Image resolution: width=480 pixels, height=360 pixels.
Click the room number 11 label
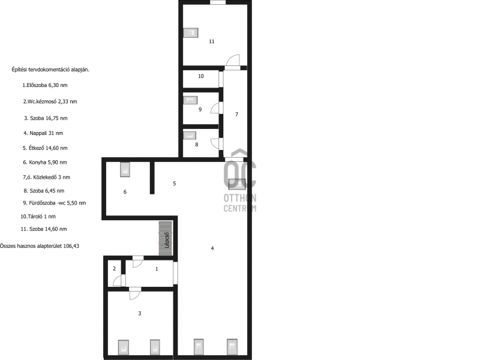coord(212,41)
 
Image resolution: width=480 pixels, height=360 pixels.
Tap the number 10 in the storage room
coord(201,76)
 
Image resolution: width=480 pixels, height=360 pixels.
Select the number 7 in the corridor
coord(236,114)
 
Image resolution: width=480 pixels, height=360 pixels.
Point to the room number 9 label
coord(200,110)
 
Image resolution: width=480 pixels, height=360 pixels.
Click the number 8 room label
coord(197,145)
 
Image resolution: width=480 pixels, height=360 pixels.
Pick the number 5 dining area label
coord(175,184)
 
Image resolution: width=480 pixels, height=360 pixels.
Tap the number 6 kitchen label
coord(125,191)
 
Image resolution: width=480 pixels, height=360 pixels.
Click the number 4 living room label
coord(212,248)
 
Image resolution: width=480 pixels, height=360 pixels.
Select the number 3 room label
coord(140,313)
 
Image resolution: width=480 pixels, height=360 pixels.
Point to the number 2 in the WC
coord(114,269)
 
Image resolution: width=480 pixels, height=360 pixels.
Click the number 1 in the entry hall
coord(157,269)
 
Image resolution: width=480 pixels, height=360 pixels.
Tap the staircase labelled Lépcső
coord(166,238)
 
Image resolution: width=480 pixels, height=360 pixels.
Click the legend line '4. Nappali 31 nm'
coord(43,133)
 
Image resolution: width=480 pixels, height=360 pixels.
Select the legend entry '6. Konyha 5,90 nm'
coord(44,162)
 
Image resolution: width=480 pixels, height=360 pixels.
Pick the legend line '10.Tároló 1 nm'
coord(38,217)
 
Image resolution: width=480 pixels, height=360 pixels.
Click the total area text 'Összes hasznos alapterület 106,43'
coord(40,246)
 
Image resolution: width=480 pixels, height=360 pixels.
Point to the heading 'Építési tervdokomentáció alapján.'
coord(50,70)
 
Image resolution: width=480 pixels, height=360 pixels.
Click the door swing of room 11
coord(233,60)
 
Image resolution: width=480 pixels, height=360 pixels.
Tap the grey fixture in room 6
coord(125,170)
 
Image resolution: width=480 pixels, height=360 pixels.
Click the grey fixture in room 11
coord(190,33)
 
